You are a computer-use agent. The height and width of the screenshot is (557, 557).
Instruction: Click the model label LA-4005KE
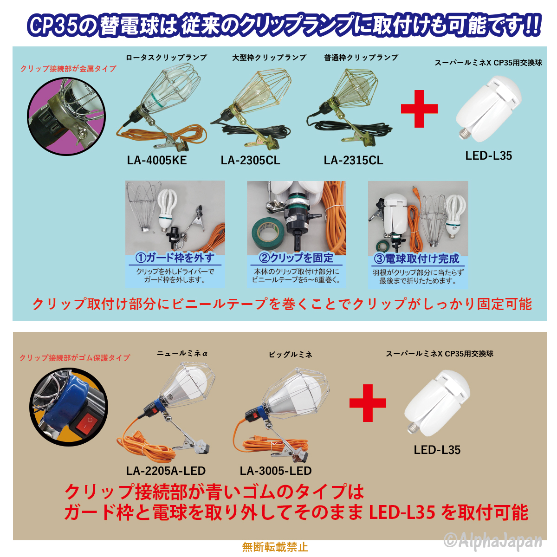[157, 161]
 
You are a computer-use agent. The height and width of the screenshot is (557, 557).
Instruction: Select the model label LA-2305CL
[250, 161]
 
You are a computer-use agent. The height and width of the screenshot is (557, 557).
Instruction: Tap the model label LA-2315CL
[353, 161]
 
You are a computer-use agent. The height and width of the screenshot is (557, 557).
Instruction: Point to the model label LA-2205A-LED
[166, 471]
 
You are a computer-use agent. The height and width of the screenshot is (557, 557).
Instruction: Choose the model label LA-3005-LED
[276, 471]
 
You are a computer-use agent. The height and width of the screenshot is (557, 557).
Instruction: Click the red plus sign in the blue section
[419, 109]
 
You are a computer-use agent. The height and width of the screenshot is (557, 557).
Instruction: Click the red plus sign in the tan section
[368, 402]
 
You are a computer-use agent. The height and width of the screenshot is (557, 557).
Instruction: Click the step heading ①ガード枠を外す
[175, 258]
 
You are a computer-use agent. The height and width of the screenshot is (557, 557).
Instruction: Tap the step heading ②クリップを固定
[296, 258]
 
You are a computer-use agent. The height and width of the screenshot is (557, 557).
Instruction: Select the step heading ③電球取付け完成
[417, 259]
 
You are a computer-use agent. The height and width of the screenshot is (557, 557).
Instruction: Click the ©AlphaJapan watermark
[493, 540]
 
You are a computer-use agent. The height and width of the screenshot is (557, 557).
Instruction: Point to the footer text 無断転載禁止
[275, 547]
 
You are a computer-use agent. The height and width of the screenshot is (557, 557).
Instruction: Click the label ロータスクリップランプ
[166, 58]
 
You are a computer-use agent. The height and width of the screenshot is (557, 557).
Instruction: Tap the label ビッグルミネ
[290, 355]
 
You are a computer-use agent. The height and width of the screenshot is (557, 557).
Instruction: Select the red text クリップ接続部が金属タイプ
[68, 69]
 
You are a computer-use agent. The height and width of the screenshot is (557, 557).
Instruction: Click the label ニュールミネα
[182, 354]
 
